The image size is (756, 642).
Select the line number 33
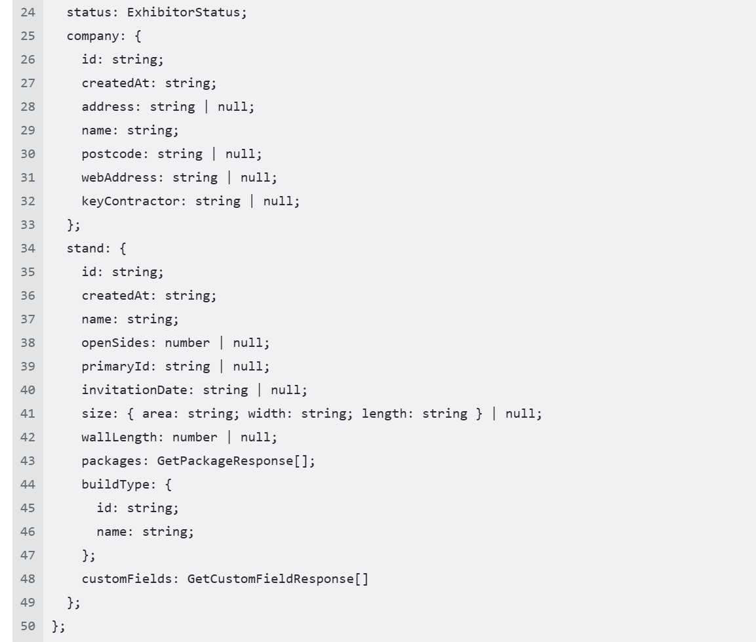point(28,225)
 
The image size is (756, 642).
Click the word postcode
point(112,154)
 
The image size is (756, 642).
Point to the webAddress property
point(115,178)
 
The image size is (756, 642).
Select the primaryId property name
point(115,367)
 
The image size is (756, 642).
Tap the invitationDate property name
point(134,390)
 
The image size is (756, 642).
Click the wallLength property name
point(119,437)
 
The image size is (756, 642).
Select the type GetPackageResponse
point(225,461)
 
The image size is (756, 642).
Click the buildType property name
point(115,485)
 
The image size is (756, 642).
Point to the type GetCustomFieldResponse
point(271,579)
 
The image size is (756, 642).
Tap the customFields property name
point(127,579)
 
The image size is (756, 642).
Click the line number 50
point(28,626)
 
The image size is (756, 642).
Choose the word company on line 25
point(92,37)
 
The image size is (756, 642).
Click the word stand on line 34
point(85,249)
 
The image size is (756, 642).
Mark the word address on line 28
point(108,107)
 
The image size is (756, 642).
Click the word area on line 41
point(157,414)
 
